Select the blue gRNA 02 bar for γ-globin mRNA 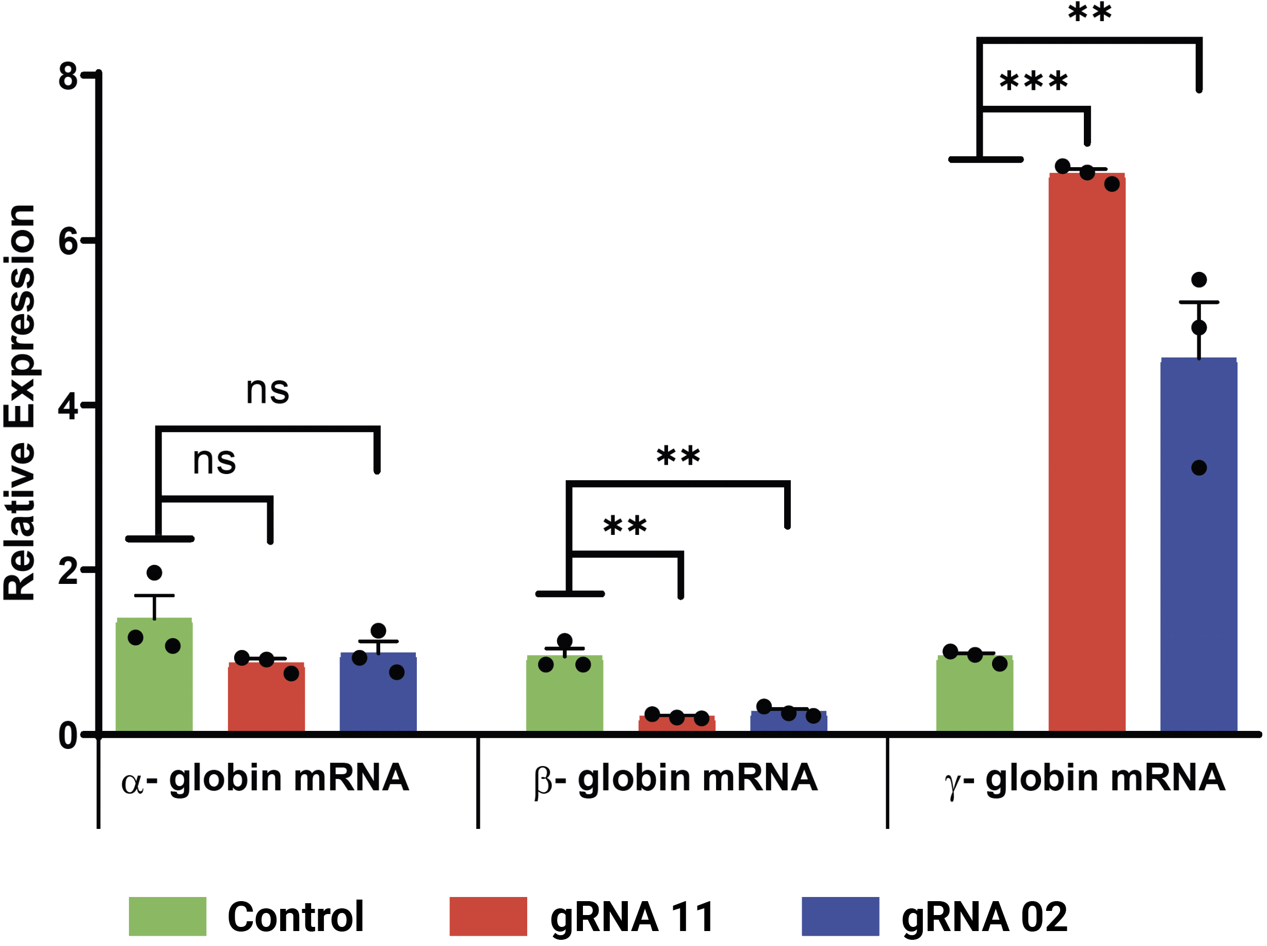(x=1198, y=544)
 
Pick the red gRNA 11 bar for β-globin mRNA (x=676, y=724)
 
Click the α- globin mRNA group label (x=265, y=779)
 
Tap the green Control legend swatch (x=167, y=916)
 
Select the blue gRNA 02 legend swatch (x=840, y=916)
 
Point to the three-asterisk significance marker (x=1033, y=81)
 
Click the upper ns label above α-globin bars (x=268, y=390)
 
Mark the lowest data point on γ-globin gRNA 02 (x=1199, y=468)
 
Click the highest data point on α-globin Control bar (x=154, y=573)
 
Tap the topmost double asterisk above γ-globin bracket (x=1090, y=12)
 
